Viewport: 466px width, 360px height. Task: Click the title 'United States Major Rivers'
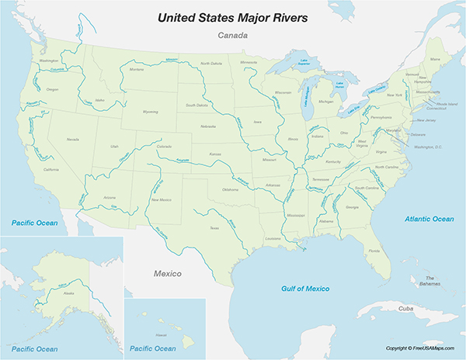pyautogui.click(x=231, y=16)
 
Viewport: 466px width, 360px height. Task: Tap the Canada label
pyautogui.click(x=232, y=36)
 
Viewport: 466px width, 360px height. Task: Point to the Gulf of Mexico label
pyautogui.click(x=304, y=289)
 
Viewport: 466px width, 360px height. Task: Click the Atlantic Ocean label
pyautogui.click(x=429, y=219)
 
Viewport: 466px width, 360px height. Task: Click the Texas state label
pyautogui.click(x=214, y=227)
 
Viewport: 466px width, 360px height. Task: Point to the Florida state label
pyautogui.click(x=374, y=251)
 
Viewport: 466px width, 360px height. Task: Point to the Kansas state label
pyautogui.click(x=215, y=154)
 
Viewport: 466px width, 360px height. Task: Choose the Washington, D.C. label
pyautogui.click(x=427, y=146)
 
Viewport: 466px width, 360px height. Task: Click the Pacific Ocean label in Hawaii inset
pyautogui.click(x=154, y=348)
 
